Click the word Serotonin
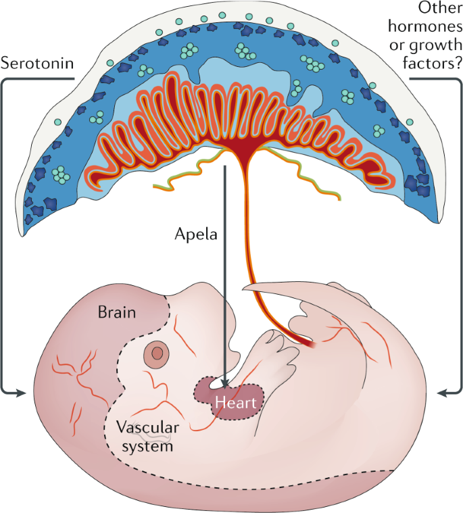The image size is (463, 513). coord(37,65)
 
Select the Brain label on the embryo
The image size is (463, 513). coord(116,312)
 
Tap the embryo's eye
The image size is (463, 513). coord(157,352)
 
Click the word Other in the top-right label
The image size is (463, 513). coord(437,9)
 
